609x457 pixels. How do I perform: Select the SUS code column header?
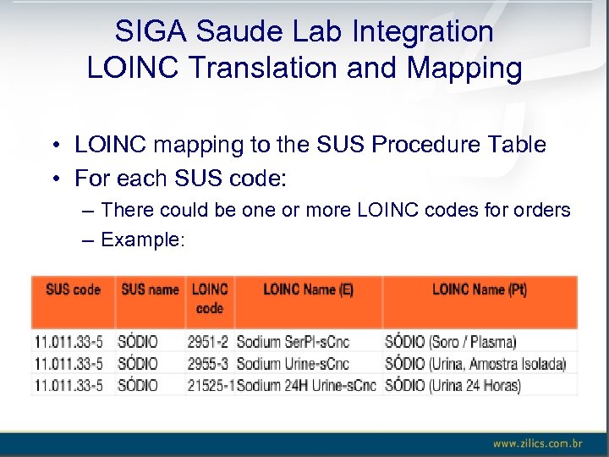point(73,290)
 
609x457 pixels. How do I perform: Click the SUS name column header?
point(150,290)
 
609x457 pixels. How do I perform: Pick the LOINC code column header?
point(210,299)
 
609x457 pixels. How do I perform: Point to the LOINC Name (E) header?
point(308,290)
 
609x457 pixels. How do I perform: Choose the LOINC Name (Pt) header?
point(479,290)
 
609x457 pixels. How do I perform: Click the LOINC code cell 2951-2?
point(208,342)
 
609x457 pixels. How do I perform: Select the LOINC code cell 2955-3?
point(208,364)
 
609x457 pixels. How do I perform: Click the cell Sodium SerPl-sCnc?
point(293,342)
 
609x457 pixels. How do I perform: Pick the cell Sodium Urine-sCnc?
point(293,364)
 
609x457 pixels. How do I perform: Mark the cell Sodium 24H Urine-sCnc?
point(306,386)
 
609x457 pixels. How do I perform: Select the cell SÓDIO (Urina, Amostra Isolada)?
point(475,364)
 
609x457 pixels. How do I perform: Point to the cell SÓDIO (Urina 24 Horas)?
point(453,386)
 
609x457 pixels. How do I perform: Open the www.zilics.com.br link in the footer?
point(537,443)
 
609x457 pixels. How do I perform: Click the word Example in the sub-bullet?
point(141,240)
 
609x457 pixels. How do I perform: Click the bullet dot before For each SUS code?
point(53,179)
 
